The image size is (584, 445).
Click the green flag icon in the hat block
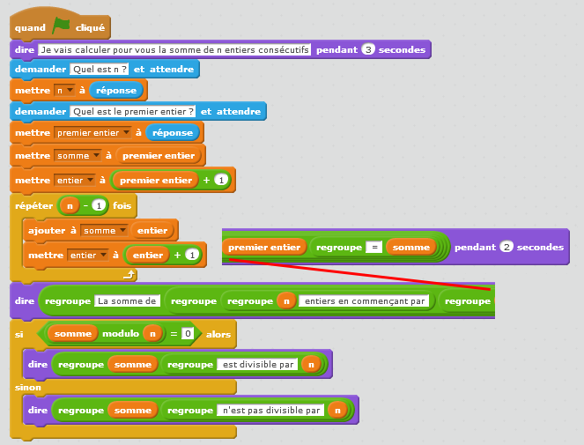[61, 26]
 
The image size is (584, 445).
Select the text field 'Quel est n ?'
[100, 69]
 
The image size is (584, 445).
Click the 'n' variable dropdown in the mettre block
[64, 90]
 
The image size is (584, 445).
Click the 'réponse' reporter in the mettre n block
[115, 90]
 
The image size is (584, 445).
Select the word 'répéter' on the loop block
[35, 205]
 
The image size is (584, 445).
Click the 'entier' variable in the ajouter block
[152, 230]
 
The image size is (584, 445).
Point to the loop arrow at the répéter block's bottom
[129, 275]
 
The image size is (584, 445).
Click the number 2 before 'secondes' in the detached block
[506, 248]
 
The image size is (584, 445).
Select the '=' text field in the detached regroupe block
[373, 248]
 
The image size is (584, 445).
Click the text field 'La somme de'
[127, 300]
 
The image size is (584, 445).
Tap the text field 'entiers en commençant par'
[366, 300]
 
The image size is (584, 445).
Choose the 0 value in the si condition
[187, 334]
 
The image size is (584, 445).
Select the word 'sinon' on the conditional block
[28, 387]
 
